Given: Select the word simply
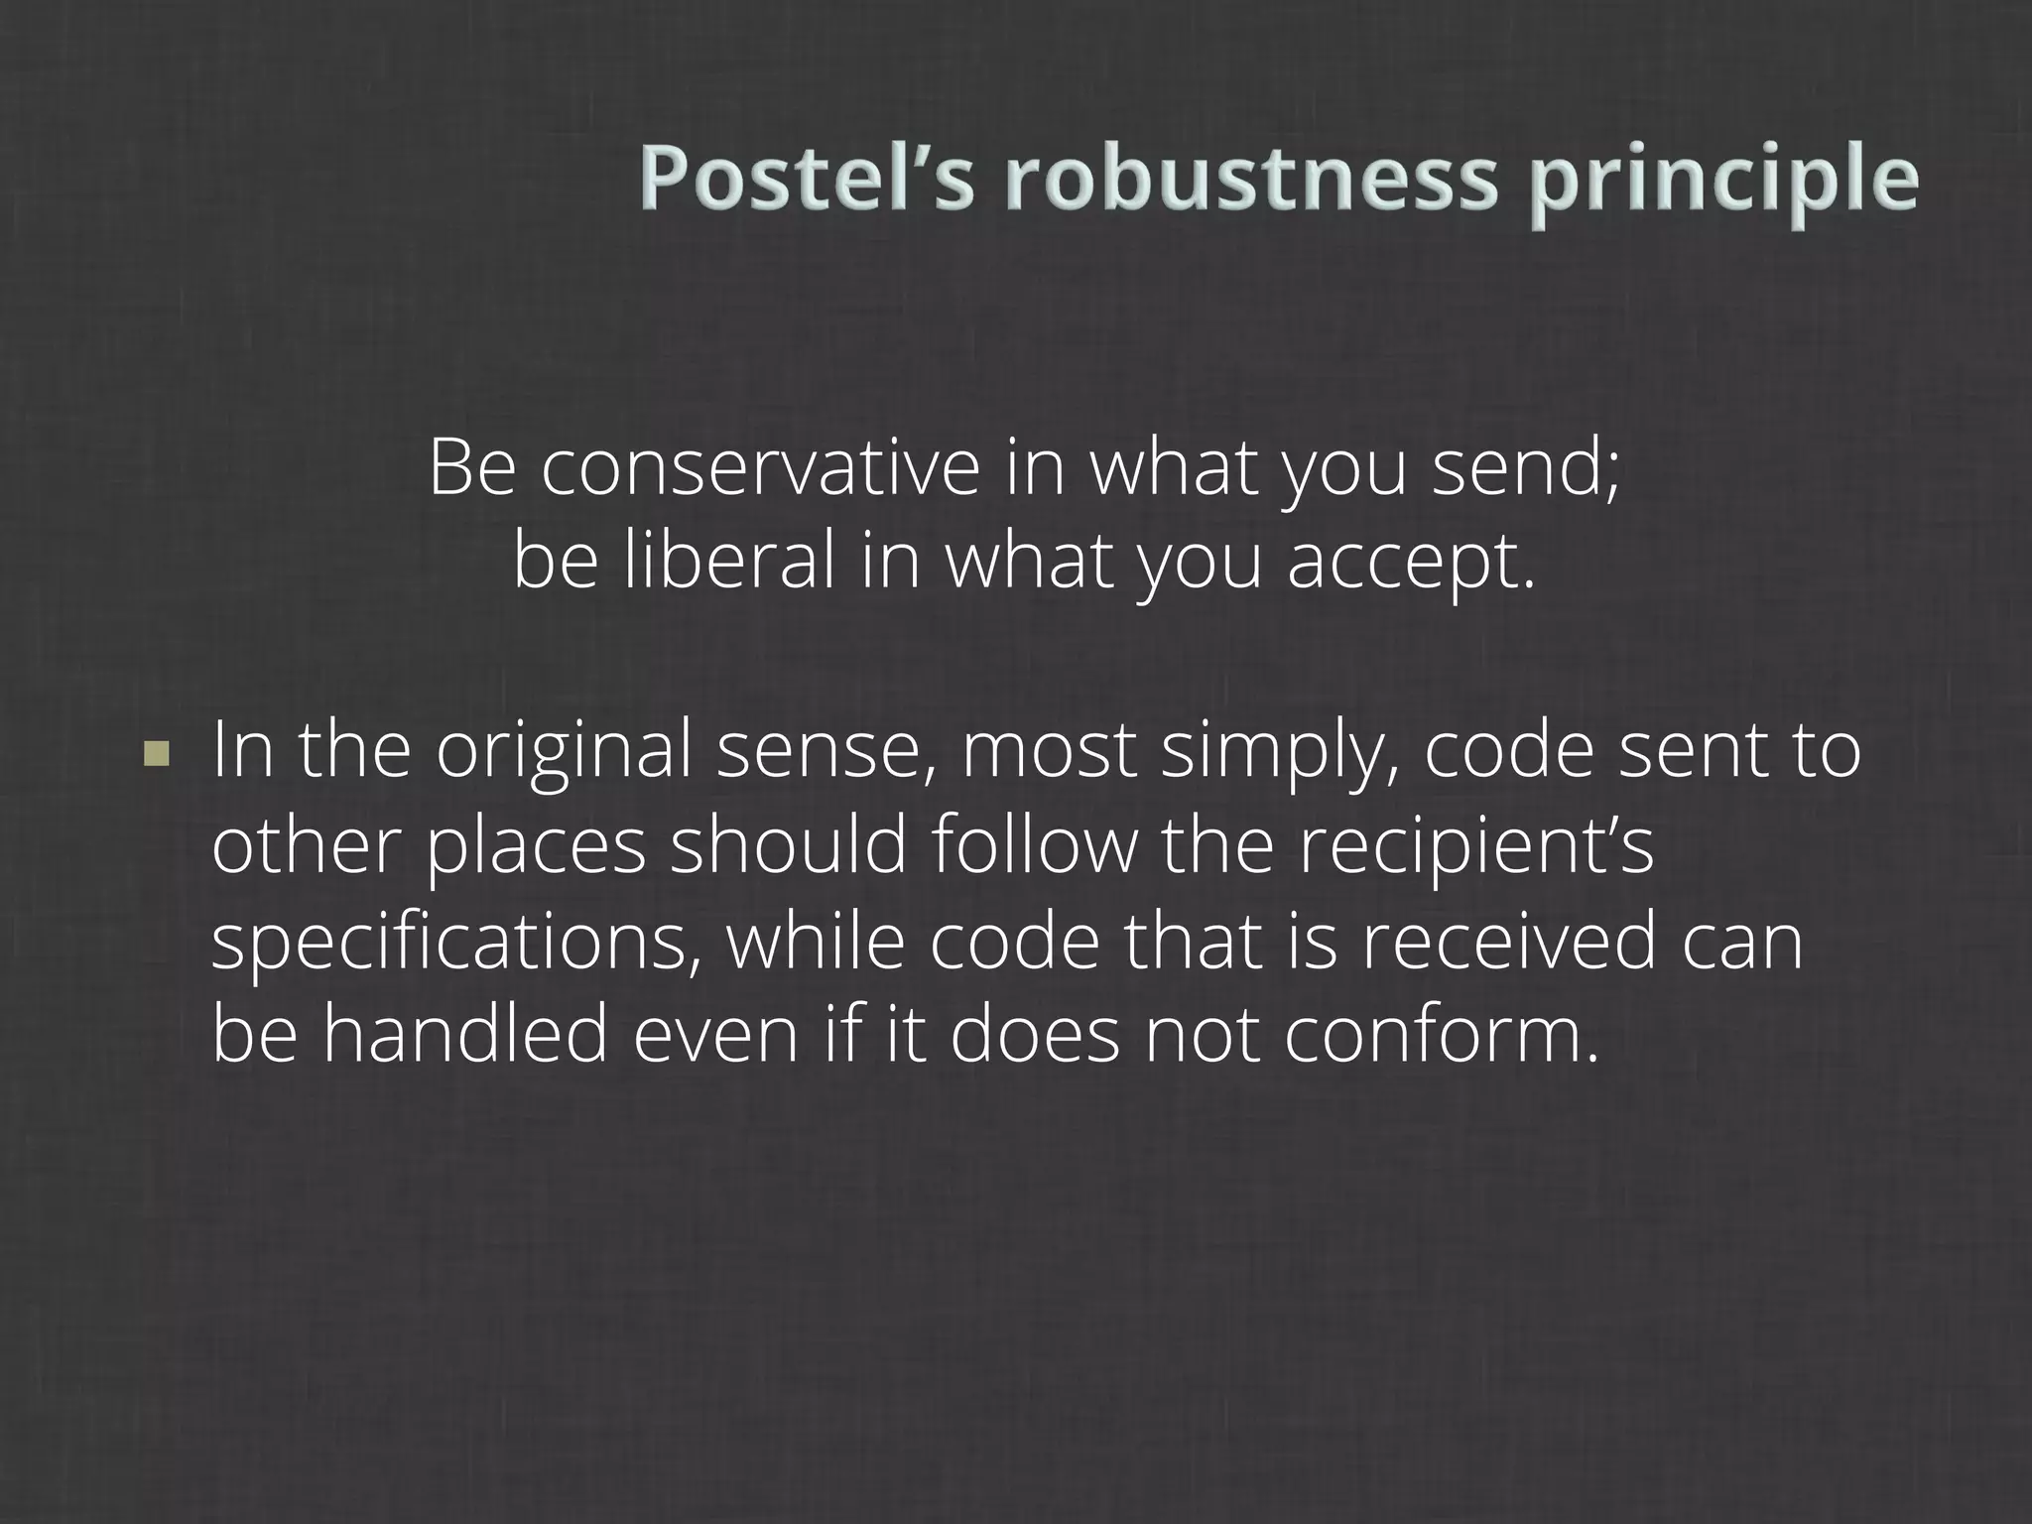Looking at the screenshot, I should [x=1279, y=752].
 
